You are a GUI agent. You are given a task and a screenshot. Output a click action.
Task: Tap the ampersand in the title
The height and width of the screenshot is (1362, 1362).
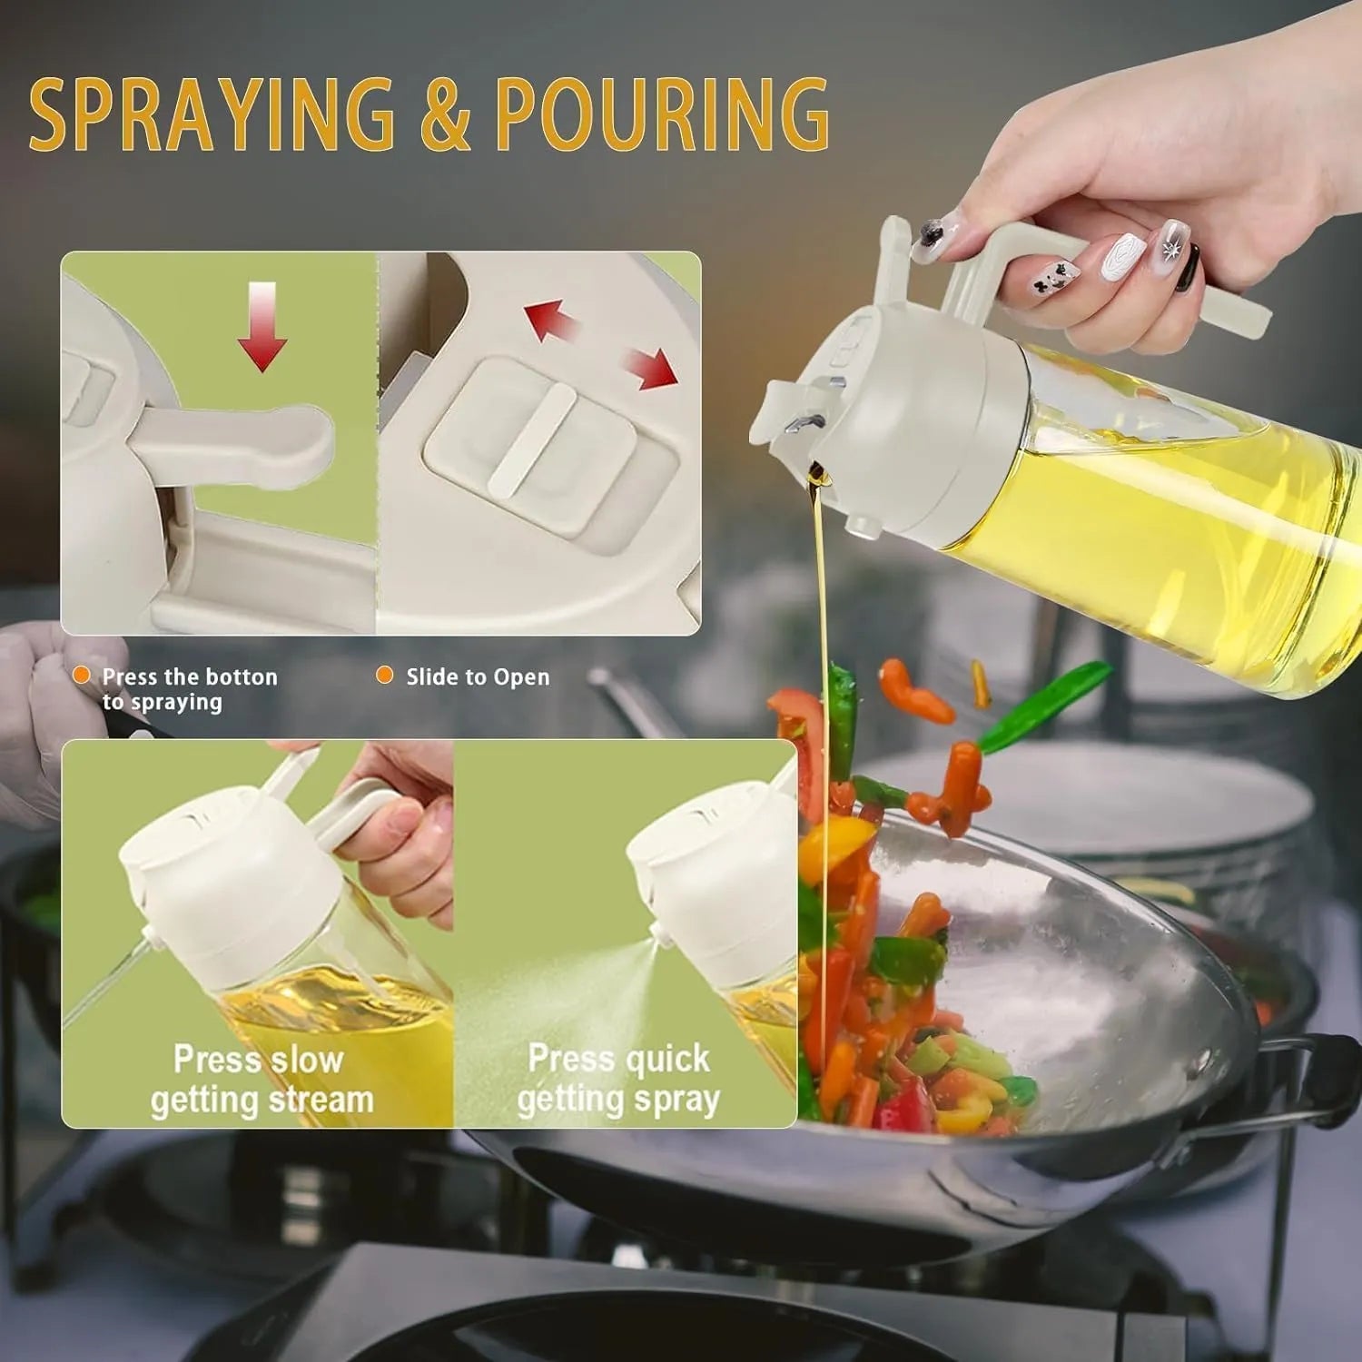tap(445, 115)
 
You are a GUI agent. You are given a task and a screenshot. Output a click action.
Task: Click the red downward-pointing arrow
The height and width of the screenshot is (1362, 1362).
tap(262, 327)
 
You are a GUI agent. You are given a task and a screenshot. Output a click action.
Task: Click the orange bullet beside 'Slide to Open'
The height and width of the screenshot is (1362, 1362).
tap(385, 676)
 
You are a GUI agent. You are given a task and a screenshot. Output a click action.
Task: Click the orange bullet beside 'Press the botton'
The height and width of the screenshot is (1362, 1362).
tap(82, 676)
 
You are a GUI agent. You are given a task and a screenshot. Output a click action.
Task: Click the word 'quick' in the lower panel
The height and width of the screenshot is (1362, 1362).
tap(667, 1059)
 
